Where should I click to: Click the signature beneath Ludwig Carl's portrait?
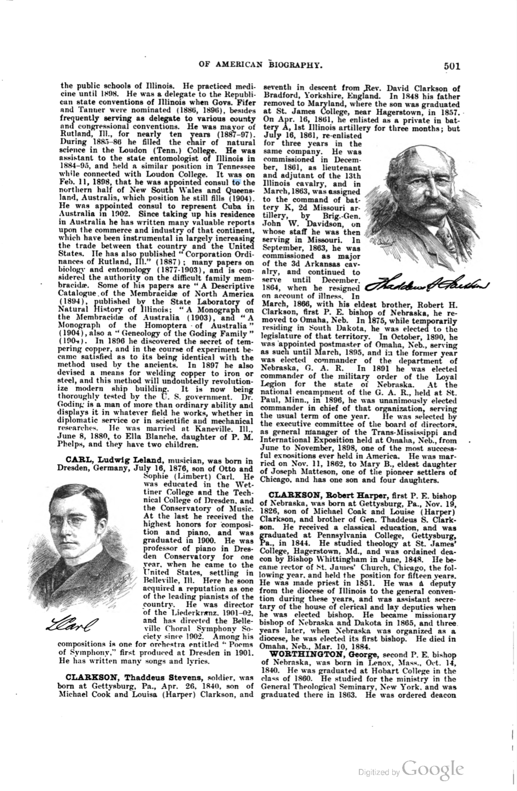click(72, 625)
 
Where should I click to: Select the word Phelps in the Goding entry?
click(70, 444)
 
